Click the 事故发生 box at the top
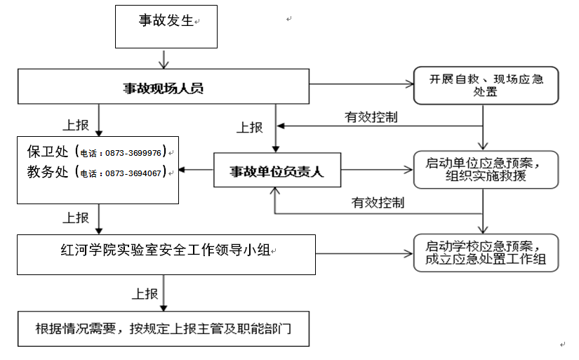coord(166,27)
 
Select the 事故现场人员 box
coord(164,86)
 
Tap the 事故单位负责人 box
coord(277,171)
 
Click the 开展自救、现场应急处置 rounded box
coord(486,86)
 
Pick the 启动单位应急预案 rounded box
coord(486,170)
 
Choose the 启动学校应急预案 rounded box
coord(486,253)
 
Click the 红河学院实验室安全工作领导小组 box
coord(166,255)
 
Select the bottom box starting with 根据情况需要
coord(164,329)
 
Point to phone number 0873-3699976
coord(133,153)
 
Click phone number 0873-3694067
coord(133,173)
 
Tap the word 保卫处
coord(48,152)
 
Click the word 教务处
coord(48,172)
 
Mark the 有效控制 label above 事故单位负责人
coord(371,117)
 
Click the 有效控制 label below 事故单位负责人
coord(378,203)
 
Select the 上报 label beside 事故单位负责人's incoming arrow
coord(250,128)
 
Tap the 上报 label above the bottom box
coord(145,294)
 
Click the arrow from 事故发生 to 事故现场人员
coord(164,59)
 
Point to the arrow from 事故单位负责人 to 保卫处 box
coord(196,170)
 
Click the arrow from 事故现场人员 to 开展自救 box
coord(361,84)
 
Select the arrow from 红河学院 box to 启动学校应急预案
coord(364,253)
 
